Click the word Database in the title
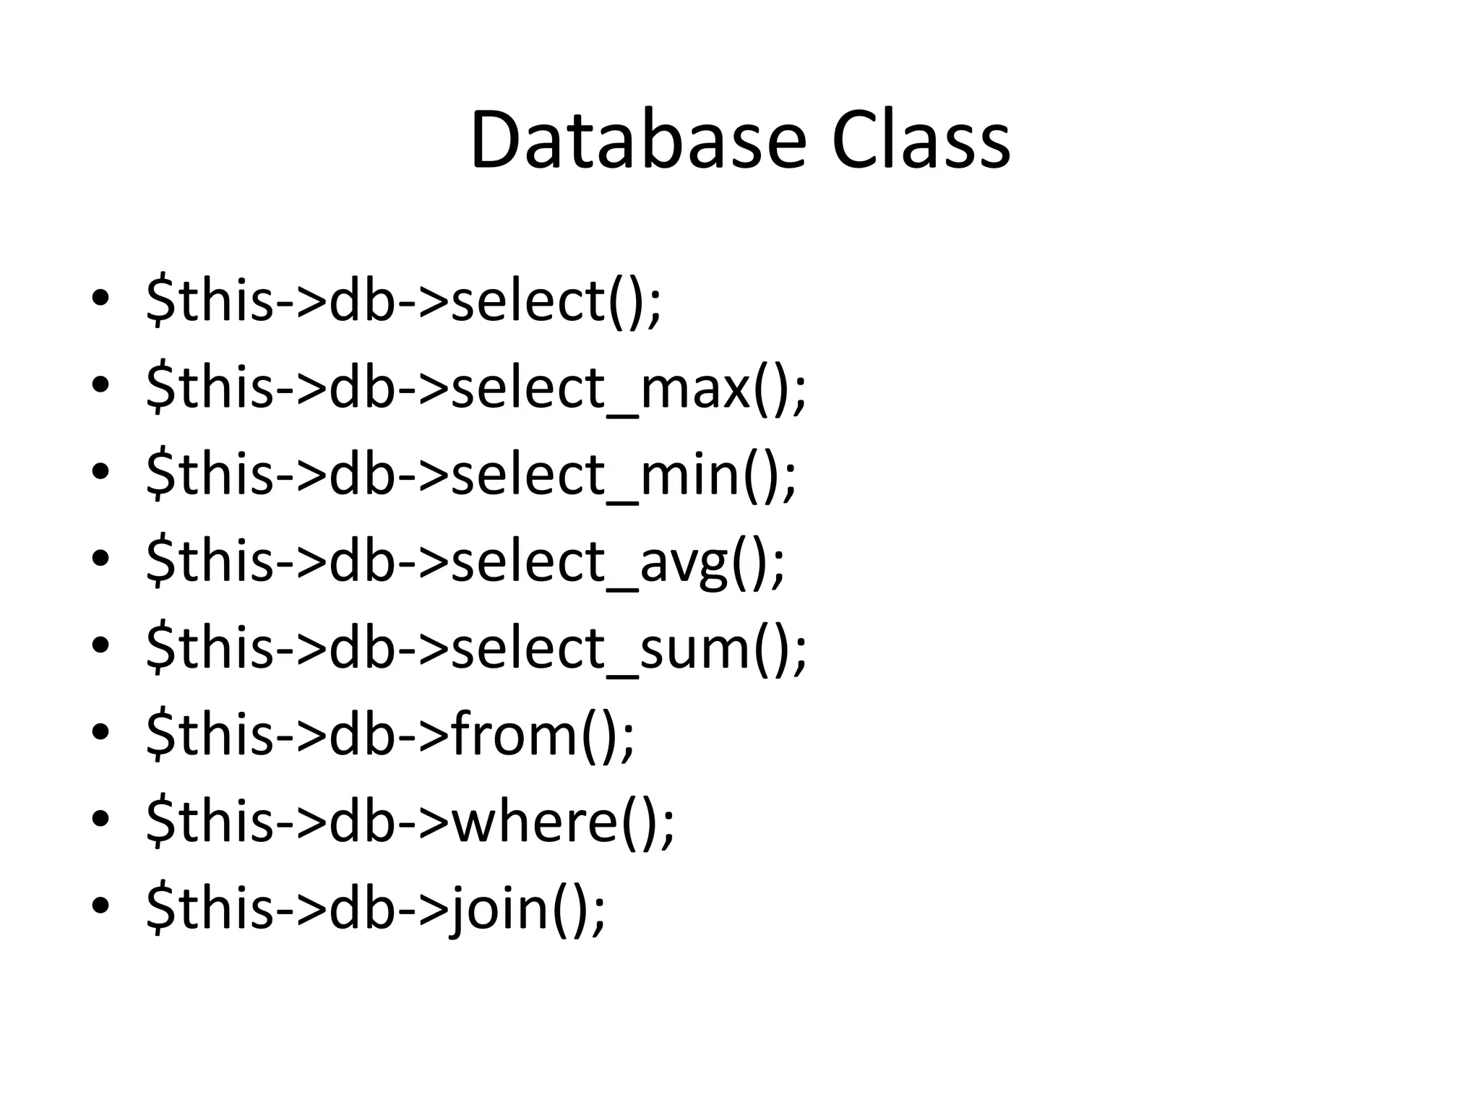(x=637, y=141)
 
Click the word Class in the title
(x=921, y=141)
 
